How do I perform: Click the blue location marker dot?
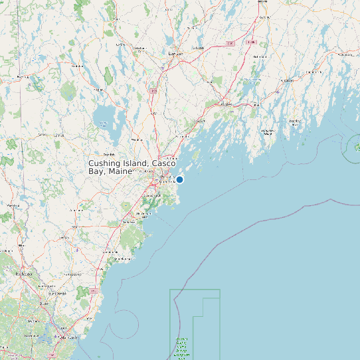(x=179, y=179)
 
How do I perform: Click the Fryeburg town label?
(x=24, y=77)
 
